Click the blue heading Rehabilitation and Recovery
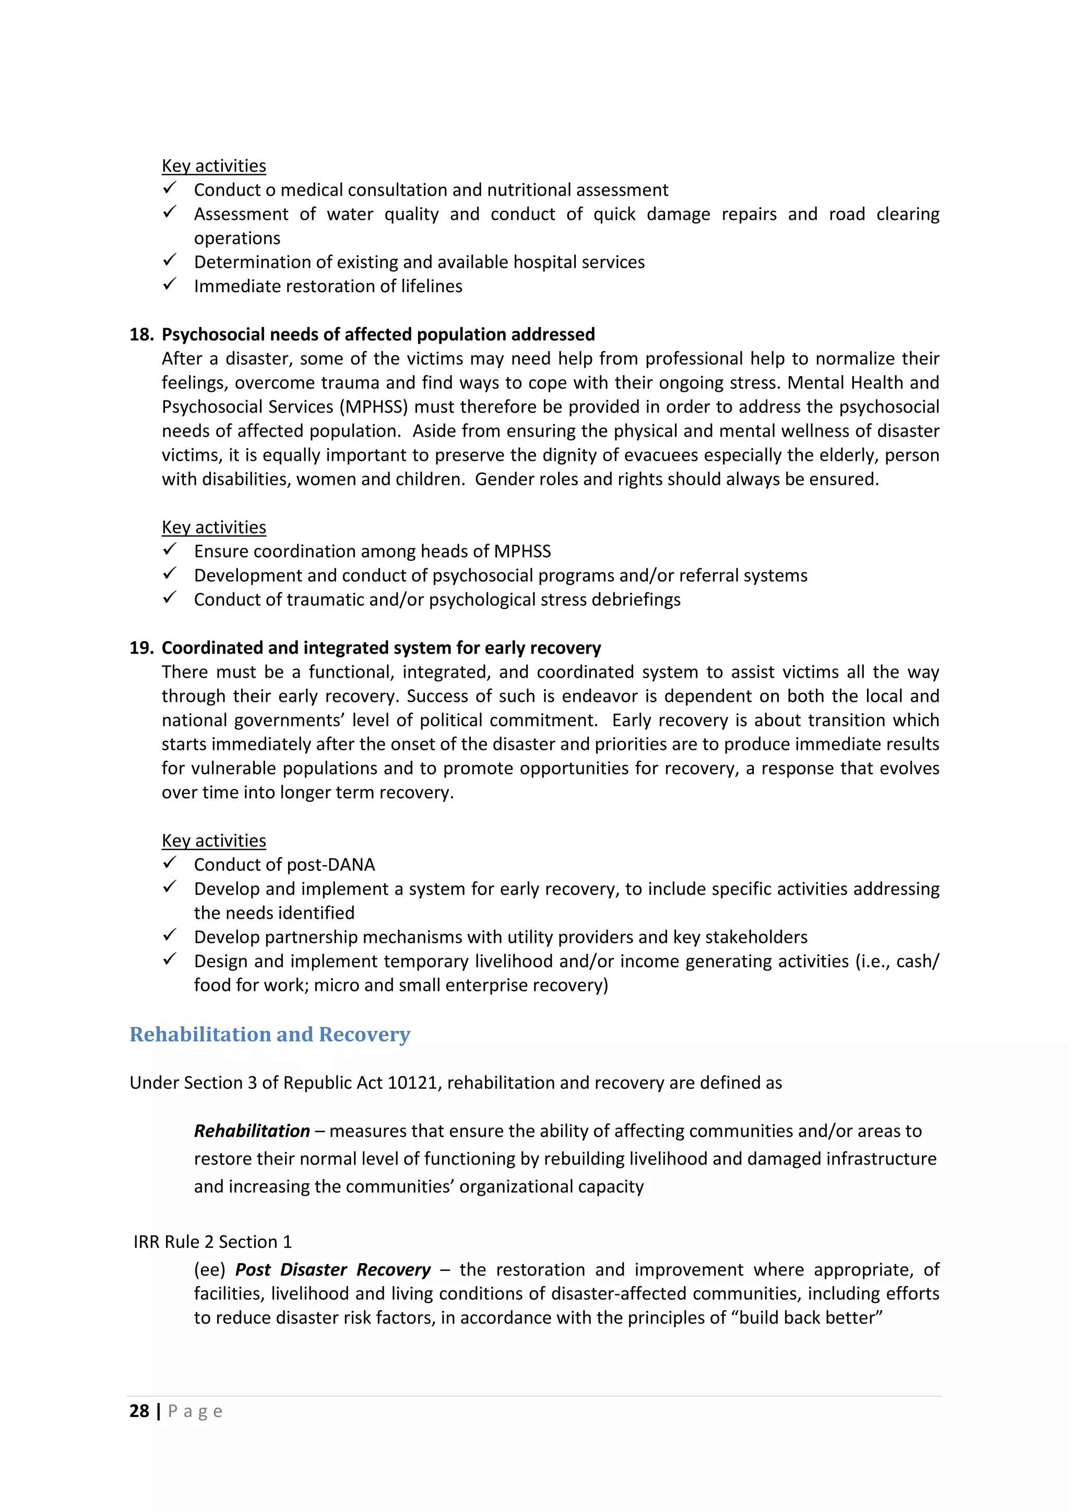click(270, 1035)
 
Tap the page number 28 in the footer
click(139, 1411)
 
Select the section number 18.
click(141, 334)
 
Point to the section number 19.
click(141, 647)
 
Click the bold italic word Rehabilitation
click(252, 1131)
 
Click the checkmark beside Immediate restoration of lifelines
click(170, 284)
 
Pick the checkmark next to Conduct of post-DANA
click(170, 863)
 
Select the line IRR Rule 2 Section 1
click(212, 1242)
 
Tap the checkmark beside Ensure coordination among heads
click(170, 549)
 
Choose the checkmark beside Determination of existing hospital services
click(170, 260)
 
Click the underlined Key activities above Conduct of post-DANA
click(214, 841)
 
